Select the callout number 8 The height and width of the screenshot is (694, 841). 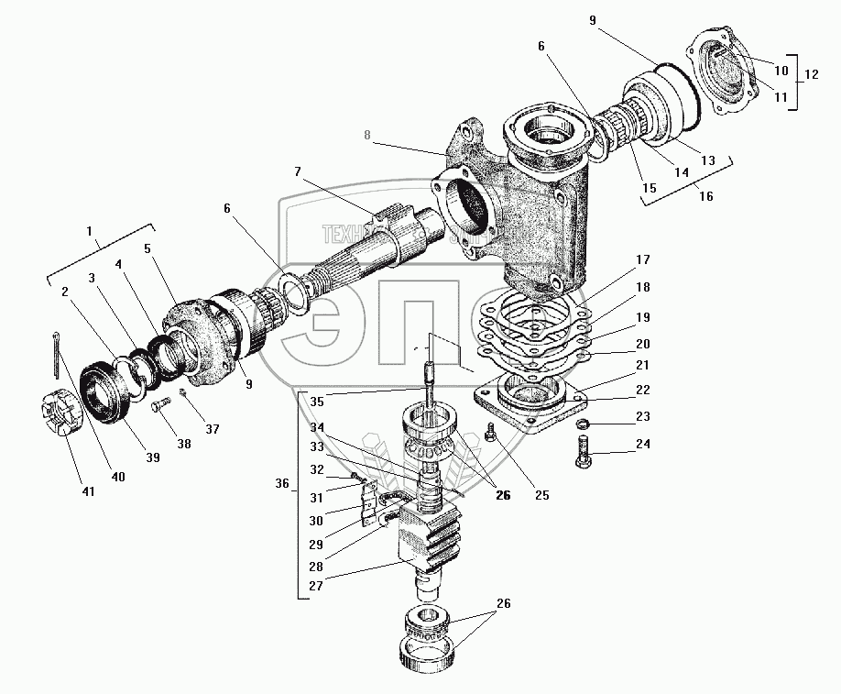pos(366,136)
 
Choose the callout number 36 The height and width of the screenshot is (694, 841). pos(283,483)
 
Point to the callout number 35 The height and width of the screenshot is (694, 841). pos(316,400)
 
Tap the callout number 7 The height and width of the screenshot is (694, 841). pos(298,171)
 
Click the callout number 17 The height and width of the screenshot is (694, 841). pos(642,259)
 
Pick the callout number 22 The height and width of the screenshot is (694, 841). pos(642,391)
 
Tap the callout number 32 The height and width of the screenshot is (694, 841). pos(317,468)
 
